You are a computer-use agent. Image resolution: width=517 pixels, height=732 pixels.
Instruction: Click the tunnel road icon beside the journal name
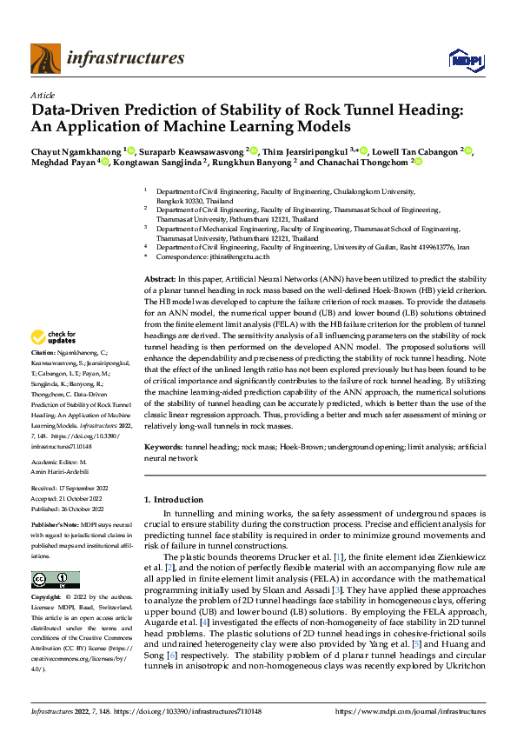tap(45, 58)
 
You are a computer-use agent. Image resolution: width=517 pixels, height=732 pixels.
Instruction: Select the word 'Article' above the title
tap(43, 95)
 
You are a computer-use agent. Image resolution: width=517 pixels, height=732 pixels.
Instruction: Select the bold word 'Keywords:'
tap(162, 446)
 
